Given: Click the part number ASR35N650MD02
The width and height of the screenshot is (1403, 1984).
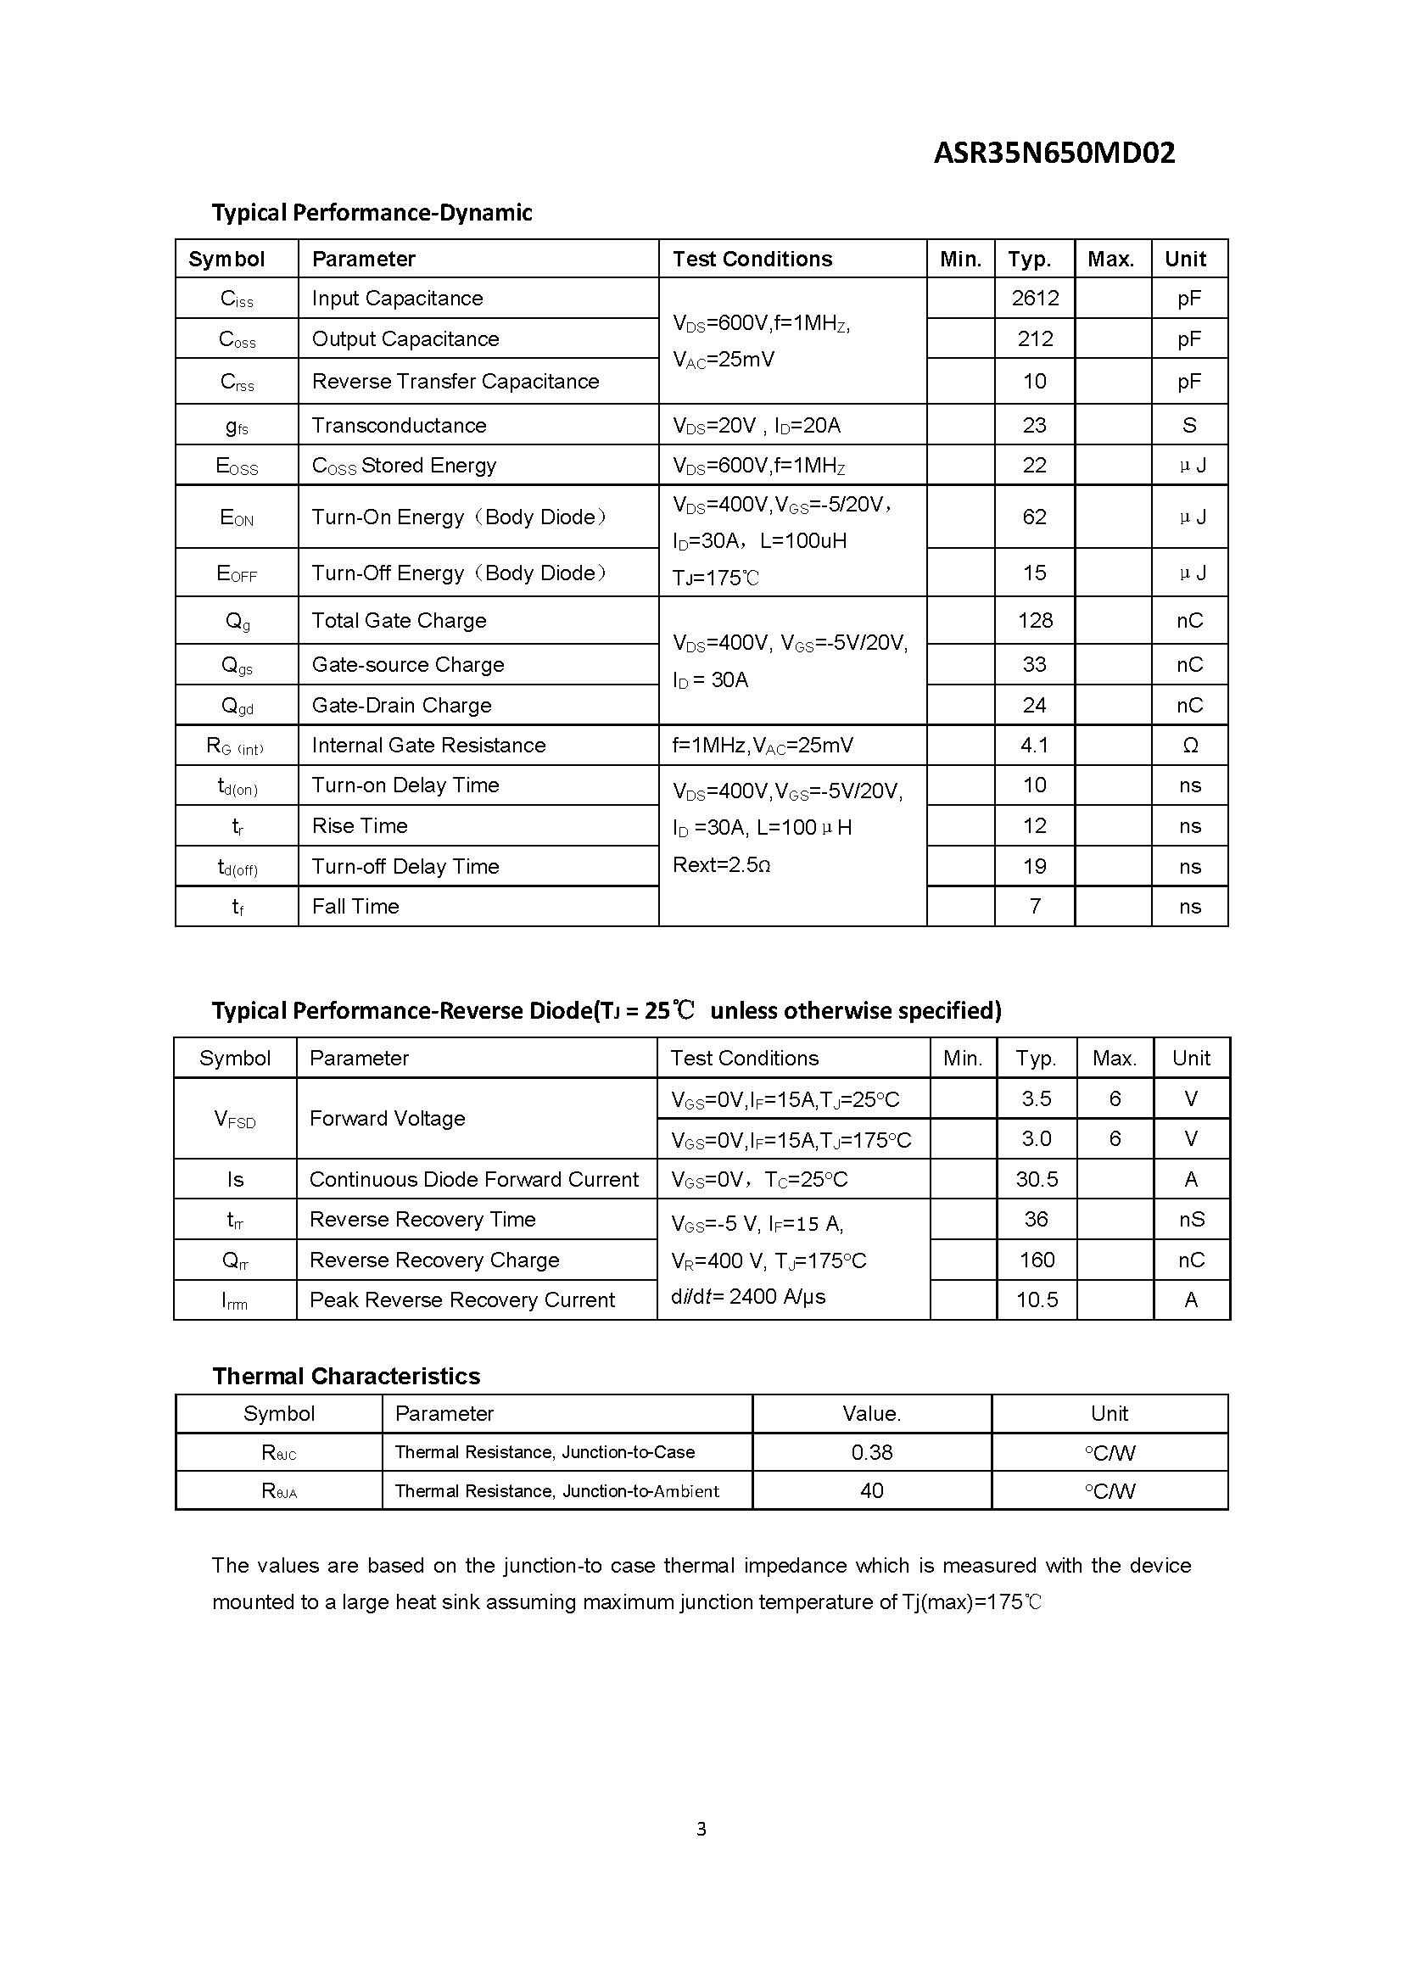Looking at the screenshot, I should tap(1054, 153).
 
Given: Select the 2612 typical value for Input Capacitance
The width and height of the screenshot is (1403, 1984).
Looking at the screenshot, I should tap(1034, 298).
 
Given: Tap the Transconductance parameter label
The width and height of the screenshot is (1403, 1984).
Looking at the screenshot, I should tap(399, 425).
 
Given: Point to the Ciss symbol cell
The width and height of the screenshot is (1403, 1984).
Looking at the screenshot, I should tap(237, 299).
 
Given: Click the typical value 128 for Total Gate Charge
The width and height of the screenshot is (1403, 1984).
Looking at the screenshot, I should tap(1034, 620).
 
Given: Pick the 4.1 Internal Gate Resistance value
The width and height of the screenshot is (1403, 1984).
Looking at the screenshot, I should tap(1034, 745).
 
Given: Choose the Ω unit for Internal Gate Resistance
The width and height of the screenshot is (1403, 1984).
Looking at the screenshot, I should tap(1189, 746).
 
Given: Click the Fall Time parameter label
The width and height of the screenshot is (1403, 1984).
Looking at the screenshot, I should tap(355, 907).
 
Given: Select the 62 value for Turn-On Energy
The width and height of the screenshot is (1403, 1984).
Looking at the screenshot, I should tap(1034, 517).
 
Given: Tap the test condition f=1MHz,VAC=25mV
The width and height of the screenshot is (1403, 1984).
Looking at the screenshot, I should tap(762, 746).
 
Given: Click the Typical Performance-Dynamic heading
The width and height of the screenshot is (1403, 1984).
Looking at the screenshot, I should tap(372, 213).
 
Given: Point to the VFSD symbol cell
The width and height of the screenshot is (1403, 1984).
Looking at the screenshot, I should tap(235, 1119).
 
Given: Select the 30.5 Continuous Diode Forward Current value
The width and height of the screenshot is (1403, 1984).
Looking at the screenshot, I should tap(1037, 1180).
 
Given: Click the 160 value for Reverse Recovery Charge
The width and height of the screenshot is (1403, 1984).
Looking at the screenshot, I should tap(1037, 1260).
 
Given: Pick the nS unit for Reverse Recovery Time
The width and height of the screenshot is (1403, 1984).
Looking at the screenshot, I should tap(1191, 1219).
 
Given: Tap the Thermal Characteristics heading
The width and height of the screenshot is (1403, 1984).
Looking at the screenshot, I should tap(345, 1377).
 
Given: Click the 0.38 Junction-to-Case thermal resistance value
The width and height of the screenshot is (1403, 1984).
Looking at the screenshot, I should tap(872, 1452).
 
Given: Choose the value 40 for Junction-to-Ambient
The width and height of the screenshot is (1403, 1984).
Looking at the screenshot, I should tap(872, 1490).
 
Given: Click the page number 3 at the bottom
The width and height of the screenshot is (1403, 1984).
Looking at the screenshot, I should tap(701, 1829).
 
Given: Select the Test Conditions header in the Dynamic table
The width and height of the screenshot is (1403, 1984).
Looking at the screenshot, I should tap(752, 260).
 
